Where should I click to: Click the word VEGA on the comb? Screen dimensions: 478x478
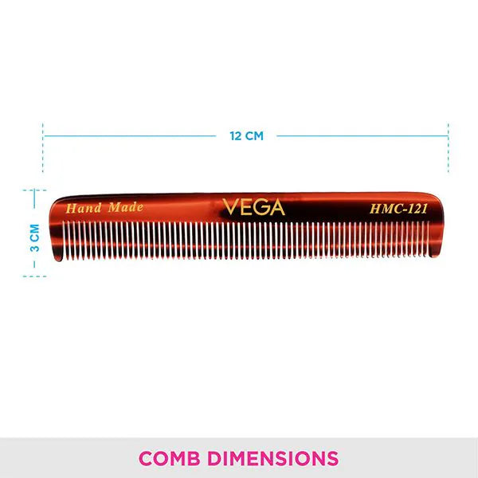click(x=253, y=207)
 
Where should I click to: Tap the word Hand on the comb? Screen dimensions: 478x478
click(x=84, y=208)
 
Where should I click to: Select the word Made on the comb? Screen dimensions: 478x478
click(x=126, y=208)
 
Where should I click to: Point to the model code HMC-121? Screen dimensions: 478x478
click(x=398, y=209)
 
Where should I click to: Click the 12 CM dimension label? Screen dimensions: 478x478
click(x=246, y=136)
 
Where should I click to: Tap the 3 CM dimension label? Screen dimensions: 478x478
click(x=35, y=238)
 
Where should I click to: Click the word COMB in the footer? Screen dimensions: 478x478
click(x=170, y=458)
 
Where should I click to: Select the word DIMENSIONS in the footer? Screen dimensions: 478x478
click(x=273, y=458)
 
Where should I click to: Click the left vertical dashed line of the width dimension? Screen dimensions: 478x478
click(x=43, y=147)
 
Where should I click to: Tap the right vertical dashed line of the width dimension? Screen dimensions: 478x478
click(x=448, y=147)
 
